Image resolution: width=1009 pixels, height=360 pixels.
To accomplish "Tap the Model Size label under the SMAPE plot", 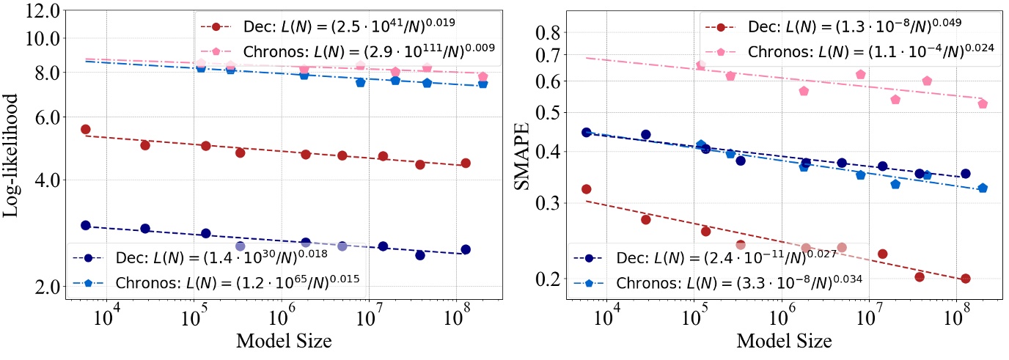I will [x=784, y=341].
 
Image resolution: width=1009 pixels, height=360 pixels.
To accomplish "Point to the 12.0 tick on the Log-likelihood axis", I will [x=43, y=12].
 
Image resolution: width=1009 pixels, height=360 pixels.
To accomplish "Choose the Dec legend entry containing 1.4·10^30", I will [x=220, y=259].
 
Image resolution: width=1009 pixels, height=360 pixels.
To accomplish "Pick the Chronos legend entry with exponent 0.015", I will [x=220, y=282].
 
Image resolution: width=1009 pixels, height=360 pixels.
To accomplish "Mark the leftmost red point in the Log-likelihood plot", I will [x=85, y=130].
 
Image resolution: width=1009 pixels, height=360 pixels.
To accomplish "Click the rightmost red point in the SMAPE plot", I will [x=965, y=279].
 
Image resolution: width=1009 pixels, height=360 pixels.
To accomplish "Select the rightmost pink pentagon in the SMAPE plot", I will [x=983, y=104].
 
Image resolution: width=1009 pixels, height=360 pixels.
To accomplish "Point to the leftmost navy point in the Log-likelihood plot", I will [x=85, y=226].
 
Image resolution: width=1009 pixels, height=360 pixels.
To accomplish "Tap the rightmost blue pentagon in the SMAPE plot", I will [x=983, y=188].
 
